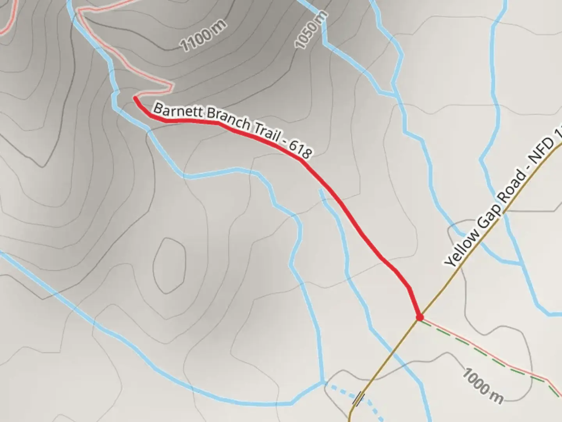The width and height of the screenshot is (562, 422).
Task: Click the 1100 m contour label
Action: [203, 36]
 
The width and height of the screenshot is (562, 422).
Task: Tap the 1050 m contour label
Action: [311, 31]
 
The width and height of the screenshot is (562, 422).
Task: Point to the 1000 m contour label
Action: [483, 386]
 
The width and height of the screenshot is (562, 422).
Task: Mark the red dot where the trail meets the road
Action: [420, 317]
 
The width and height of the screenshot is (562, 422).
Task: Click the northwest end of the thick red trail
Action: [135, 98]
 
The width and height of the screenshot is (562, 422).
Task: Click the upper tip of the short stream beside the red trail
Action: [320, 190]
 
